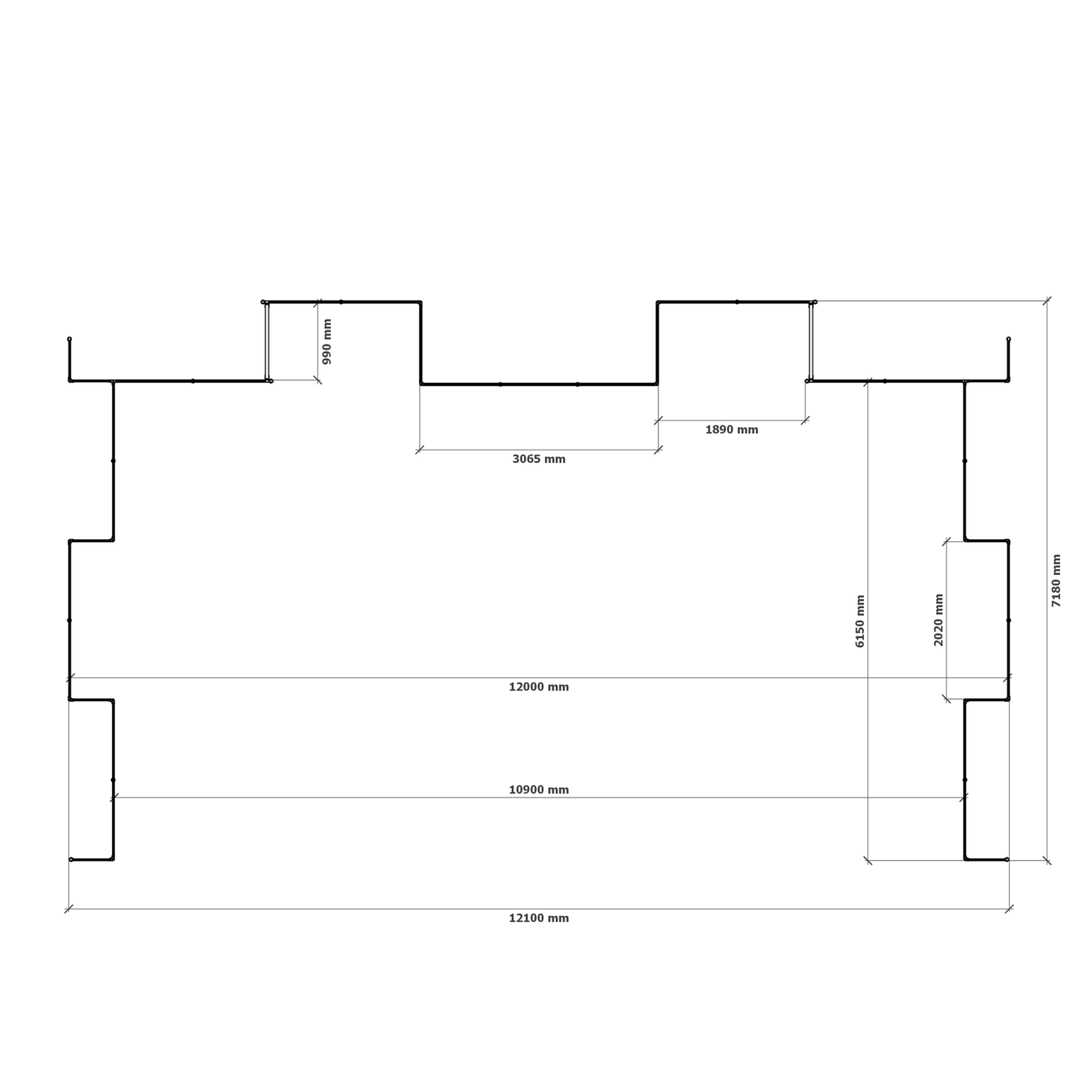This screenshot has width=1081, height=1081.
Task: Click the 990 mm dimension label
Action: pos(327,341)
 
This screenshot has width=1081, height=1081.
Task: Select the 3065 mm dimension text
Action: pos(538,459)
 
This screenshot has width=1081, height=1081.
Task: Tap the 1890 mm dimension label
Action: pos(731,429)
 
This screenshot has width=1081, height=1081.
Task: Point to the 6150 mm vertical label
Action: pos(860,621)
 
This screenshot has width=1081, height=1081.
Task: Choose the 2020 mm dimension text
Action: pos(938,620)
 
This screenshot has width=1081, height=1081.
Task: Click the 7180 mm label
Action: pos(1056,580)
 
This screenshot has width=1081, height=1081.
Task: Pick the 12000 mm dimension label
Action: pos(538,687)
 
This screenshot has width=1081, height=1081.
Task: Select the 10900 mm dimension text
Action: pos(538,790)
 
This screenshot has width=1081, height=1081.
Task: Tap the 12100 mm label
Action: pos(538,918)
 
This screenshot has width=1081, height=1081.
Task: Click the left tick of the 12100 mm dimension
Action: pos(69,909)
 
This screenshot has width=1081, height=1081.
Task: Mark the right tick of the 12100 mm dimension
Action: pos(1009,909)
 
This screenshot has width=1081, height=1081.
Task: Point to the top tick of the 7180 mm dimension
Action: pos(1046,301)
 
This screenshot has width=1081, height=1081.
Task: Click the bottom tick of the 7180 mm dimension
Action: pos(1046,860)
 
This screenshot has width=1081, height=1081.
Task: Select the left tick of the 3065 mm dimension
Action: pos(420,450)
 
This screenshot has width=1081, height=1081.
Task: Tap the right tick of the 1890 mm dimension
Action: pos(805,420)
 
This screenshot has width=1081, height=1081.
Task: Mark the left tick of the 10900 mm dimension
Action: pos(114,798)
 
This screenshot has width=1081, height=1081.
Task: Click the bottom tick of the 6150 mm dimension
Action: pos(868,860)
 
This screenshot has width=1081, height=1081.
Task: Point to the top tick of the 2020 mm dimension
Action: pos(947,541)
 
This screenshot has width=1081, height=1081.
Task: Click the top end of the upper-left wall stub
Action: pos(70,339)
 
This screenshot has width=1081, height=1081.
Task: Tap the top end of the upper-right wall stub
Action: pos(1009,339)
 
